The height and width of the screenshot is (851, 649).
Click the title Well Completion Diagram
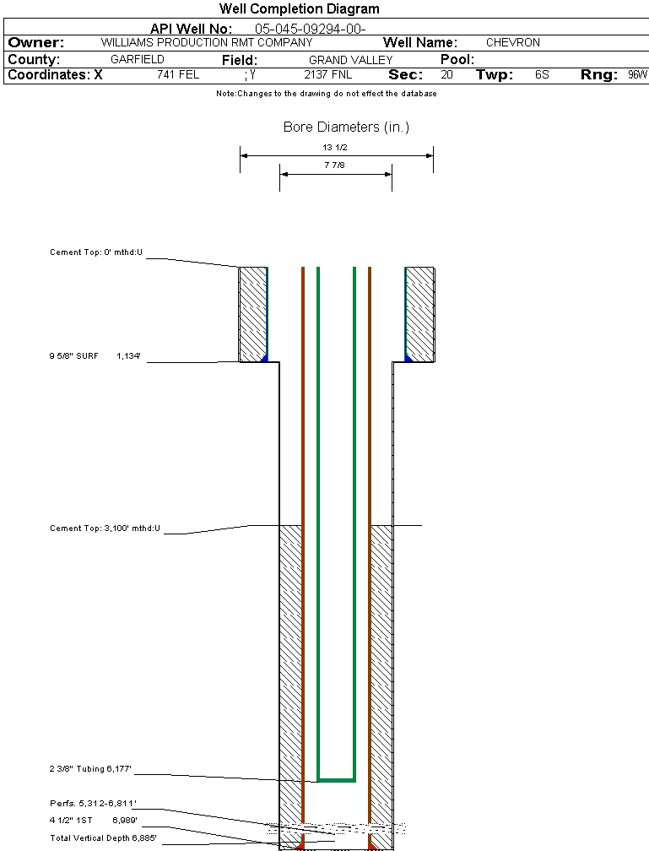click(299, 9)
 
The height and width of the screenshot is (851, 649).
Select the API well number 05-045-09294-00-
click(310, 29)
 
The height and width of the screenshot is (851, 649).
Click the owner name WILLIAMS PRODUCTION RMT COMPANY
click(206, 42)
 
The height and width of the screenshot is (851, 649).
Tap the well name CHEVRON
click(512, 42)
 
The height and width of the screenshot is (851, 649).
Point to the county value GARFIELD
click(138, 60)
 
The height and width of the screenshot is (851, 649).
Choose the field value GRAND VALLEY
click(350, 60)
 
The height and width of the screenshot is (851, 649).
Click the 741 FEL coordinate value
click(178, 74)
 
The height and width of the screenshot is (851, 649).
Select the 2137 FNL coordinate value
click(327, 74)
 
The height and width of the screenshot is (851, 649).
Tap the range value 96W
click(637, 74)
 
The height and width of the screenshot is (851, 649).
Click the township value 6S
click(542, 74)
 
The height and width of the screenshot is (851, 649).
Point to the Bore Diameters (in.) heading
click(346, 127)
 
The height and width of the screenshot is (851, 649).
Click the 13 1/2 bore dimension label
click(335, 147)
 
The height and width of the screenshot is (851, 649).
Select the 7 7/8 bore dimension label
click(335, 165)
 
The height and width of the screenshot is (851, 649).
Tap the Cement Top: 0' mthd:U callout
click(97, 252)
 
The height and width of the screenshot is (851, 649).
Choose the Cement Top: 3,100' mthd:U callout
click(105, 528)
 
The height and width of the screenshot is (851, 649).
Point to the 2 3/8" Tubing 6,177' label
click(90, 769)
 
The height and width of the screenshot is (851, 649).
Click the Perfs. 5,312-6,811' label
click(93, 803)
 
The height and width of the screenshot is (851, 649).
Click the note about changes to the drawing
click(326, 94)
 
